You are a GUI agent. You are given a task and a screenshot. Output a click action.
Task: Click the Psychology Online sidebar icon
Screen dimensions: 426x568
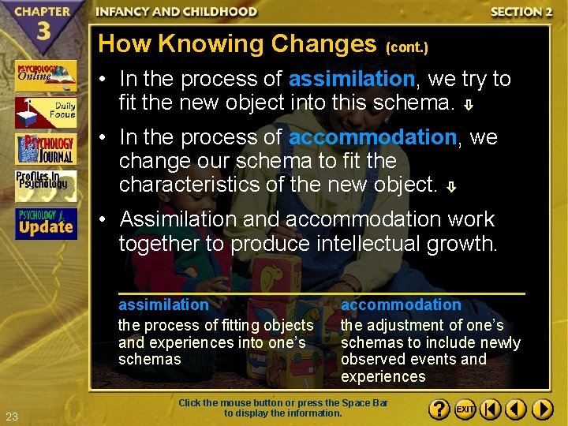point(46,76)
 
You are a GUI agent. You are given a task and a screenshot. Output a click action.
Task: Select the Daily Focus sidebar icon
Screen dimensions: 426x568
point(46,112)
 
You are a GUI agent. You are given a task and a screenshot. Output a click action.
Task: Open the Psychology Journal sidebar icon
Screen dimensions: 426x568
point(46,149)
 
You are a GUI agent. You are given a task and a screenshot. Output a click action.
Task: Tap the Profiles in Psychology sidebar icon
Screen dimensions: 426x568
point(46,185)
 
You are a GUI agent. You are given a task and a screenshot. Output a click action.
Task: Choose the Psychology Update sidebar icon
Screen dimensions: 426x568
point(46,223)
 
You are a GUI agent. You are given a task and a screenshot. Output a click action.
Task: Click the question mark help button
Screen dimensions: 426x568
point(439,409)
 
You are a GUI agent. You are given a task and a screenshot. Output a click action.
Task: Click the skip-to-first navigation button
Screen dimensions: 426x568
point(491,409)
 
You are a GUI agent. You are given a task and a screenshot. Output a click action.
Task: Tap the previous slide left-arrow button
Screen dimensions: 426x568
point(516,409)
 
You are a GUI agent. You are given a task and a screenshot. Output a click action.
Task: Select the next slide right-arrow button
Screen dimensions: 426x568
point(542,409)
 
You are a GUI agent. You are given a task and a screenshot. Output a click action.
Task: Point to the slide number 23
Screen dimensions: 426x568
point(11,417)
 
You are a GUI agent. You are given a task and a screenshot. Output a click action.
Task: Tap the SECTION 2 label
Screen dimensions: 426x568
point(521,12)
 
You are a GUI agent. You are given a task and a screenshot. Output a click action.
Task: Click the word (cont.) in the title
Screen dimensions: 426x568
point(407,47)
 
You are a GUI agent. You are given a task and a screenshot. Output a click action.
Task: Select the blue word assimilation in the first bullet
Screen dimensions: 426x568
point(352,79)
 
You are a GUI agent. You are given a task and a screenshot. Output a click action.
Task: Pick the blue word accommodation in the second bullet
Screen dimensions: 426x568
point(372,137)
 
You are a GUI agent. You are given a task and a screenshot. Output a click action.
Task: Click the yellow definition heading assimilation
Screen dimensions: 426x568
point(163,305)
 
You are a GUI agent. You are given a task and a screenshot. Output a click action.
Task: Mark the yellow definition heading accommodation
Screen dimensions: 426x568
point(401,305)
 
